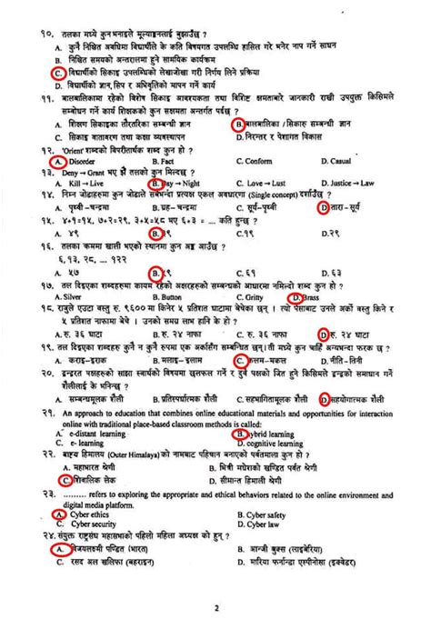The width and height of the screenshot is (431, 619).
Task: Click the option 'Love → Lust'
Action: (266, 183)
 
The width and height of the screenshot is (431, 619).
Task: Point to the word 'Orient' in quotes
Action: (56, 148)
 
